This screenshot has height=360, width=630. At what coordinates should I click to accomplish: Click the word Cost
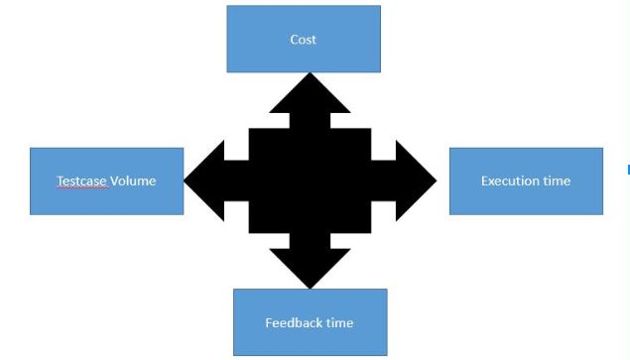point(303,40)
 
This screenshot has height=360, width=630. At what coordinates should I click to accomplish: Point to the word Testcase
point(81,181)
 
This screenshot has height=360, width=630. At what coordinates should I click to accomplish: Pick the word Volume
point(132,181)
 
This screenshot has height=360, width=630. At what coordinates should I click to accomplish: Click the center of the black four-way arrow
point(310,180)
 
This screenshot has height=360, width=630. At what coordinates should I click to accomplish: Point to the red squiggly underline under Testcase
point(81,188)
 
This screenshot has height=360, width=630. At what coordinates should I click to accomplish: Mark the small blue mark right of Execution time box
point(628,170)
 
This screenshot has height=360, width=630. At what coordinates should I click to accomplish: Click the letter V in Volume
point(113,181)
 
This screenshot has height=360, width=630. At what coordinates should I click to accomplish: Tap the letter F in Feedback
point(269,323)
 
